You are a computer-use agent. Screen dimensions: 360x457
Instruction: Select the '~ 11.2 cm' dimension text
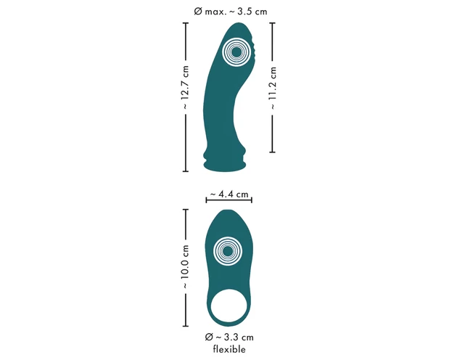tap(273, 87)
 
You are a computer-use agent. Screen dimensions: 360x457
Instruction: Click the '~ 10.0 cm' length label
tap(186, 269)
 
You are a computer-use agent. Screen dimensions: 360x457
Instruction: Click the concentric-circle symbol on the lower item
tap(227, 251)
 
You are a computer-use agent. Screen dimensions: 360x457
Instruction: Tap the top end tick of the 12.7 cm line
tap(186, 23)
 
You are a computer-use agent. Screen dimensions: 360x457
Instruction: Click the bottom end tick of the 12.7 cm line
tap(186, 172)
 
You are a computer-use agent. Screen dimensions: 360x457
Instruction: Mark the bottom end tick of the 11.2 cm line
tap(273, 152)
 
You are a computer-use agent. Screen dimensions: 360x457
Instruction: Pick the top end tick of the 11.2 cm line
tap(273, 22)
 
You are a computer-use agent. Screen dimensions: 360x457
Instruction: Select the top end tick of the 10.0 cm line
tap(186, 210)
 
